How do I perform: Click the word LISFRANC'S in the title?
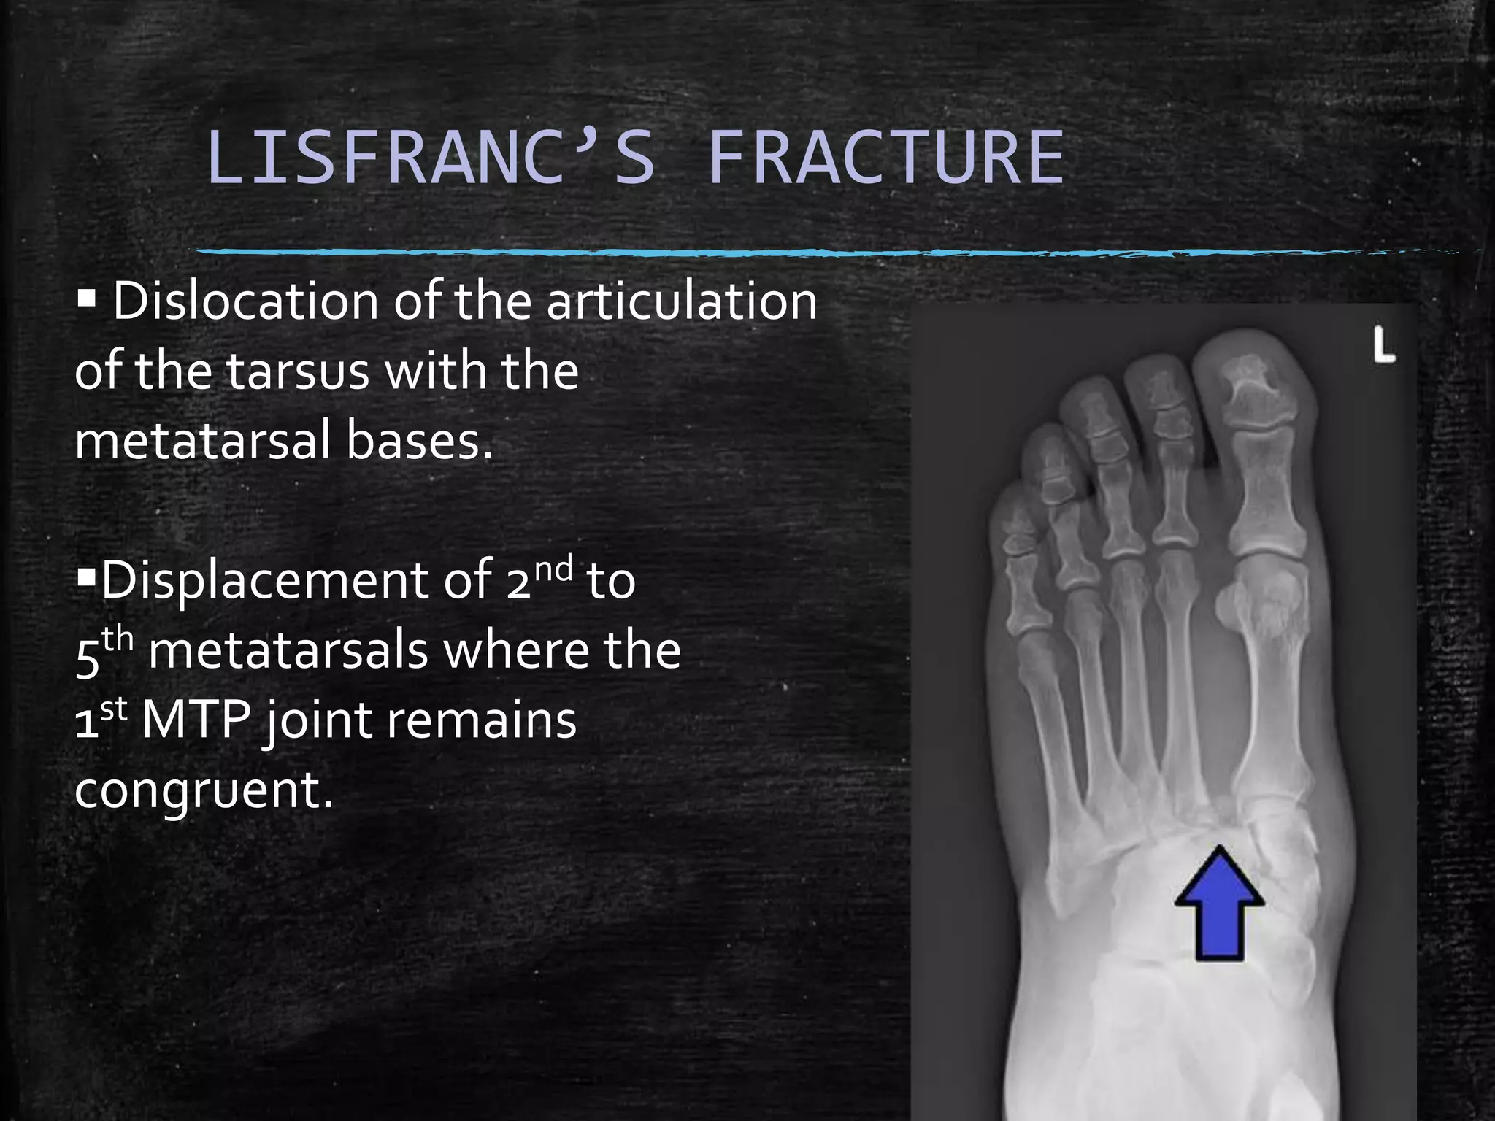(431, 158)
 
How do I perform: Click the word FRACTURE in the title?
(886, 158)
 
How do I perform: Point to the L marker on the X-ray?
(1383, 345)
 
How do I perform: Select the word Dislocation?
(245, 301)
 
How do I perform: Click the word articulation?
(682, 301)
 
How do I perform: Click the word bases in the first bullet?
(419, 441)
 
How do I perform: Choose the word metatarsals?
(288, 651)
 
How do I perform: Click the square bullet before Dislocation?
(86, 298)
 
